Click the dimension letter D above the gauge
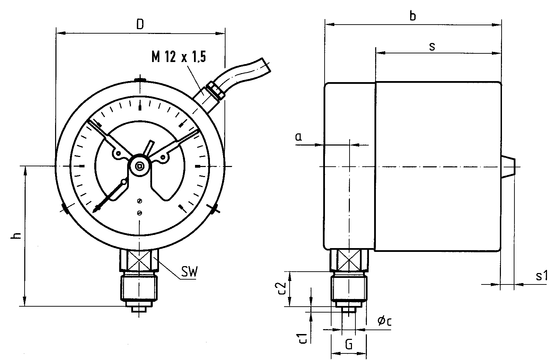(x=140, y=24)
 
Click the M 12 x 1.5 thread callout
(x=178, y=56)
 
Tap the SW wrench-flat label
(x=189, y=271)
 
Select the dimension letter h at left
(x=16, y=236)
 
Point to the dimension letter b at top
(x=412, y=16)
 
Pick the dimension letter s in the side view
(x=432, y=46)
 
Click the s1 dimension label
(x=541, y=276)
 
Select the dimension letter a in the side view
(x=299, y=137)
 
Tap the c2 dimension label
(x=281, y=288)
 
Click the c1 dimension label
(x=302, y=338)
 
